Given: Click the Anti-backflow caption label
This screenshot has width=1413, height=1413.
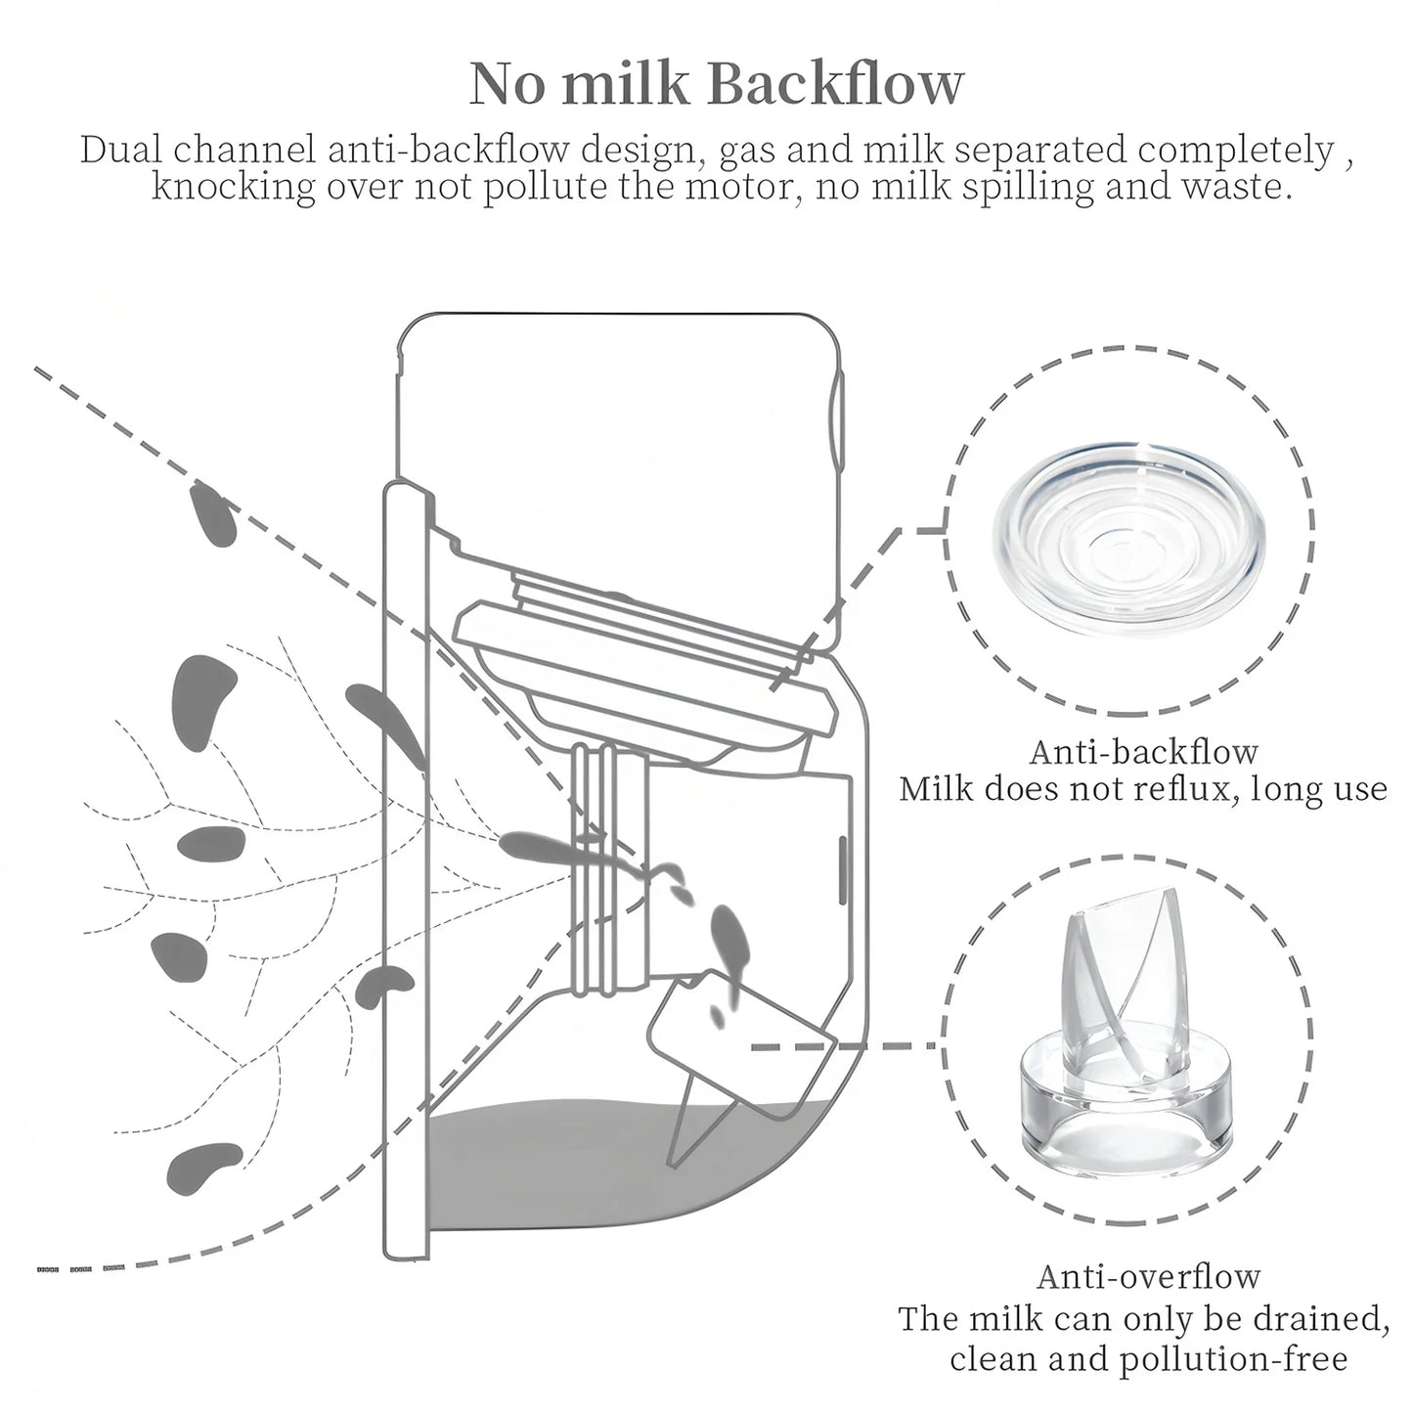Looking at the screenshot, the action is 1144,753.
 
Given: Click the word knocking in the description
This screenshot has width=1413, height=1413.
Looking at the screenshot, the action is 234,188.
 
